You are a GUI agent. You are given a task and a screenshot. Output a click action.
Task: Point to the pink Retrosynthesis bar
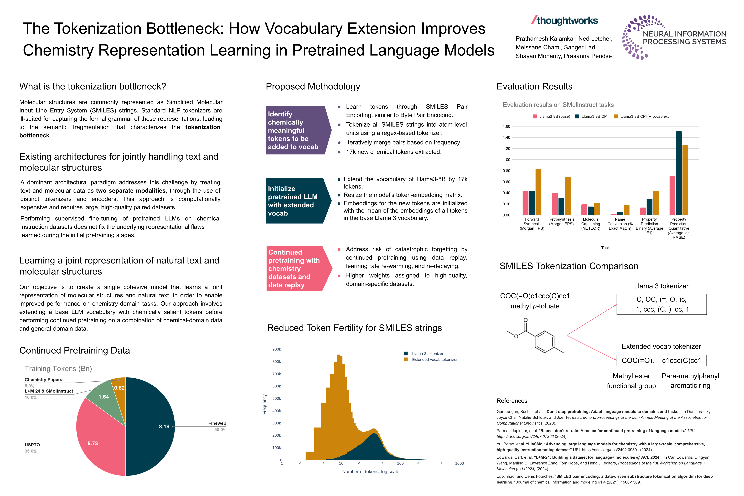coord(555,204)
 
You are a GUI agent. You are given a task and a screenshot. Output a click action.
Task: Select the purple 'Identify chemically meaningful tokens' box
coord(296,130)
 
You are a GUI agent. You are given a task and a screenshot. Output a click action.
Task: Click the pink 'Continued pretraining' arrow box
coord(296,268)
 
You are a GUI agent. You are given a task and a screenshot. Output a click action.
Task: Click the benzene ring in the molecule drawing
coord(544,342)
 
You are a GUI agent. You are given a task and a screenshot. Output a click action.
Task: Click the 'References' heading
coord(512,401)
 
